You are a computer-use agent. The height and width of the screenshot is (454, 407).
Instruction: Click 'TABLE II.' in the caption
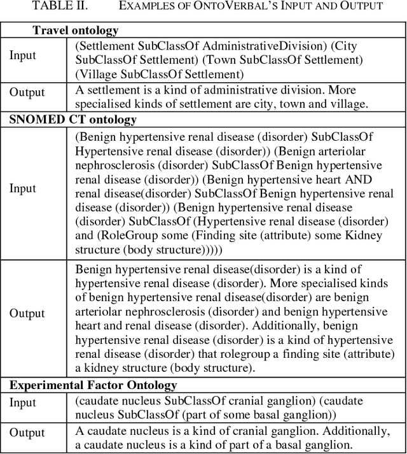(50, 6)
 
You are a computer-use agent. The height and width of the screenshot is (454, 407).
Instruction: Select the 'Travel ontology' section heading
(75, 31)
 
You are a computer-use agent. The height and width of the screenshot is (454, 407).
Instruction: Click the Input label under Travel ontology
(23, 54)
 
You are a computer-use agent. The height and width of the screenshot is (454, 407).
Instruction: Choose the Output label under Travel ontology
(27, 92)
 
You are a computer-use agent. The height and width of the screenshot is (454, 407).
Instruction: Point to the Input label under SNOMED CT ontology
(23, 188)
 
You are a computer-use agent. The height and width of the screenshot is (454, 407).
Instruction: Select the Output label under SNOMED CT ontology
(27, 313)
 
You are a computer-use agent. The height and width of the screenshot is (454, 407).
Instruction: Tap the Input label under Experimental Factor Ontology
(23, 403)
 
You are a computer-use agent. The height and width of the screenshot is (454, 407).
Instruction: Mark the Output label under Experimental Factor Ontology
(27, 434)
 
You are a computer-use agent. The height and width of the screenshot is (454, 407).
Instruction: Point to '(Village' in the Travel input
(95, 74)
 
